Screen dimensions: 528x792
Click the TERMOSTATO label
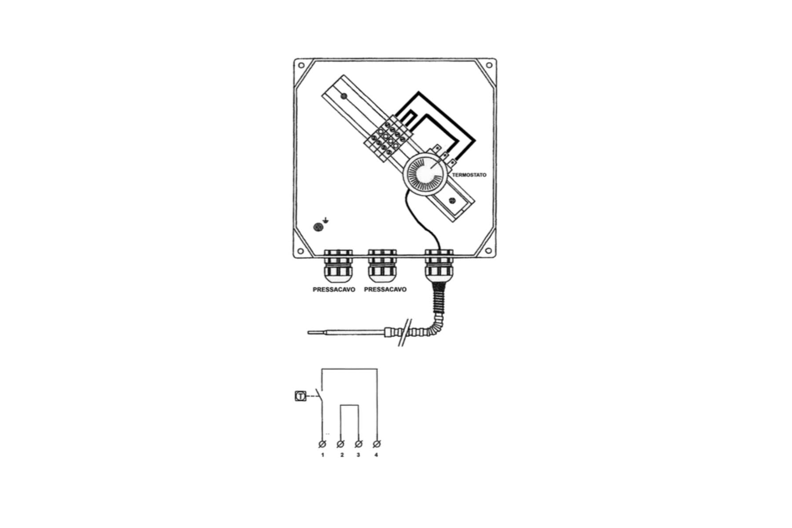[469, 175]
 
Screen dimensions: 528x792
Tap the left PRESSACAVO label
[334, 290]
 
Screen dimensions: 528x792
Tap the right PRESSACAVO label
[385, 290]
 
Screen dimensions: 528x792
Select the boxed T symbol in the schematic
[300, 396]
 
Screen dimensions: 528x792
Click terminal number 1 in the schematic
[322, 444]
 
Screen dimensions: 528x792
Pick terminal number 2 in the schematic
[341, 444]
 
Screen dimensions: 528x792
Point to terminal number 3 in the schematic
[359, 444]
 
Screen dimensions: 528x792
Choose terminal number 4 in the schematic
[377, 444]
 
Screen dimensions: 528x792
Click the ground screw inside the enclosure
[318, 227]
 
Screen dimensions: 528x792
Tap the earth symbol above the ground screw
[325, 220]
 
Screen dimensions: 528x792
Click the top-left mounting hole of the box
[301, 66]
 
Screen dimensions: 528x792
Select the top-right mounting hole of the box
[488, 66]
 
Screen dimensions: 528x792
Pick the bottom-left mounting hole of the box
[301, 251]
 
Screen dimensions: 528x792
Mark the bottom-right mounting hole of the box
[488, 251]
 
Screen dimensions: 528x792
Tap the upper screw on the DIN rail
[344, 96]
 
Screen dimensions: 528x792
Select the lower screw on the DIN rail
[451, 201]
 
